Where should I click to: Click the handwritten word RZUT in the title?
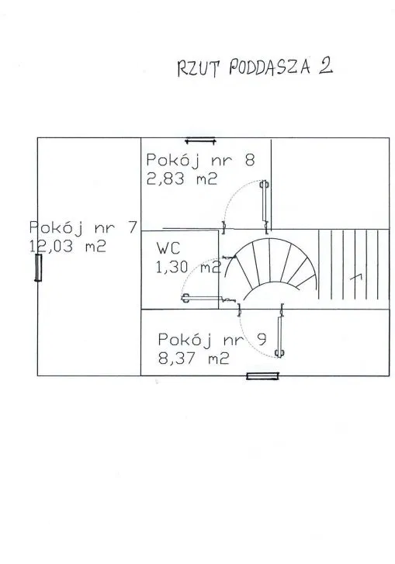(x=197, y=68)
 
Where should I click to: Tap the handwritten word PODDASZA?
(x=270, y=67)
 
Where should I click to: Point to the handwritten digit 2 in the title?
(x=325, y=66)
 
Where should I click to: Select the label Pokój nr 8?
(x=201, y=160)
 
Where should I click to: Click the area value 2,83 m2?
(x=182, y=178)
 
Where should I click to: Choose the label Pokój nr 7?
(x=83, y=227)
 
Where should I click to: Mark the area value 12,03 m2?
(x=68, y=247)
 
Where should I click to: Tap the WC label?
(x=168, y=248)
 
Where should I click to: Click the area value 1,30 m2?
(x=189, y=267)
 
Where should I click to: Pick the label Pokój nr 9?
(x=213, y=340)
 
